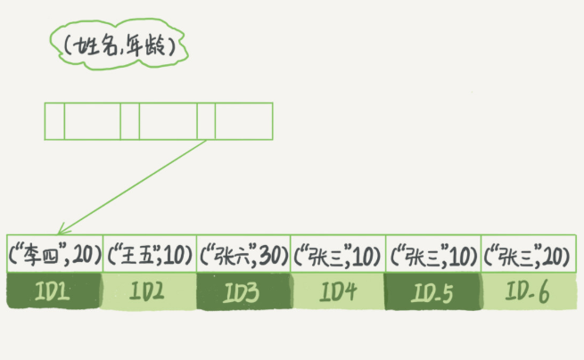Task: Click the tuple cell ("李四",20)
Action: tap(54, 256)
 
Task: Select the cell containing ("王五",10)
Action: tap(150, 256)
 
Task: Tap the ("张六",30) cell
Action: tap(243, 256)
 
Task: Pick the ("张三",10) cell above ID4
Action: tap(338, 256)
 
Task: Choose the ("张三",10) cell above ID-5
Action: tap(432, 256)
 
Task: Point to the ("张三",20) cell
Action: tap(526, 256)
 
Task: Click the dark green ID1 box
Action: tap(54, 291)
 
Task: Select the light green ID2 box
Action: tap(150, 291)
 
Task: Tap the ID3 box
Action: tap(243, 291)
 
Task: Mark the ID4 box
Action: tap(338, 291)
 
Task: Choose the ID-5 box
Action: tap(432, 291)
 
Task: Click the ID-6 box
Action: tap(526, 291)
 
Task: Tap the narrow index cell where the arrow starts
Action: tap(206, 120)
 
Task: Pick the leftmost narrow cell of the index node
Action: tap(54, 120)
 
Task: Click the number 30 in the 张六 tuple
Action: tap(270, 257)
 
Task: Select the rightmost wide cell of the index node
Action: tap(243, 120)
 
